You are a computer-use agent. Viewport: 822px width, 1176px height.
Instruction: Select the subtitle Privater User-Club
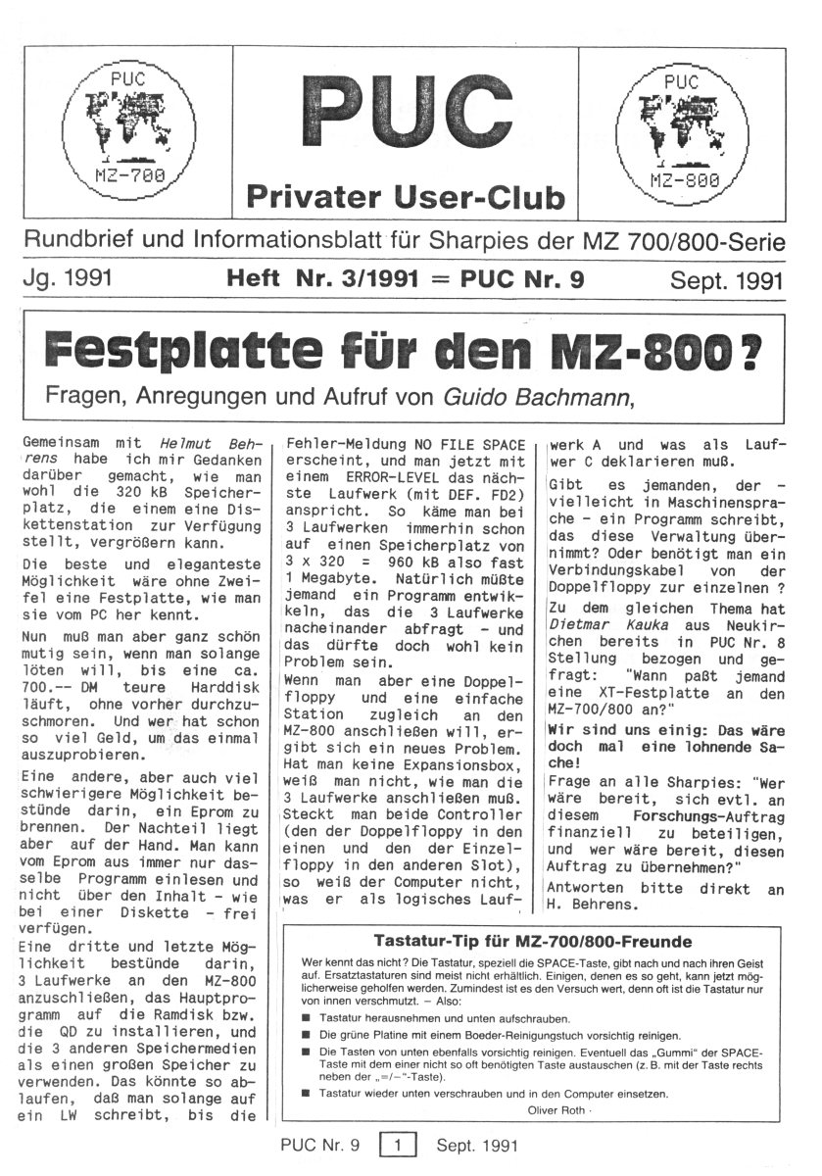coord(406,197)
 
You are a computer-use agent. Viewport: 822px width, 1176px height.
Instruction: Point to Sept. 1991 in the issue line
coord(726,281)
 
